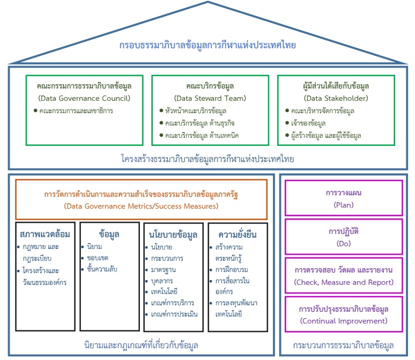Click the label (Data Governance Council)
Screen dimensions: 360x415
[84, 98]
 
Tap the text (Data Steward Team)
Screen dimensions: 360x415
[210, 98]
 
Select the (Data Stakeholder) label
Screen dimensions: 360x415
[336, 98]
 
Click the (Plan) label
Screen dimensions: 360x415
[344, 205]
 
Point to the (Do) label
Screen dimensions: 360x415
[344, 244]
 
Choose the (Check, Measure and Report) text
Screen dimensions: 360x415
[344, 282]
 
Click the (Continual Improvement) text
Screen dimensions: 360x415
[344, 321]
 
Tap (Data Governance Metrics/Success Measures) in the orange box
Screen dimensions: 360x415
[140, 206]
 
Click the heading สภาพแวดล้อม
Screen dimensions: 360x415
[45, 234]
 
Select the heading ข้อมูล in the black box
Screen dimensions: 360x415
[109, 234]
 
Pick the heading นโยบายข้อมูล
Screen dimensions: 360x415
[173, 234]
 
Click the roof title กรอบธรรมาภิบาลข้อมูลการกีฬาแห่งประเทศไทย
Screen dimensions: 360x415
[207, 45]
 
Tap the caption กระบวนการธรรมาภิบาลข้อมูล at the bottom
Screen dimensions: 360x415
[344, 344]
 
